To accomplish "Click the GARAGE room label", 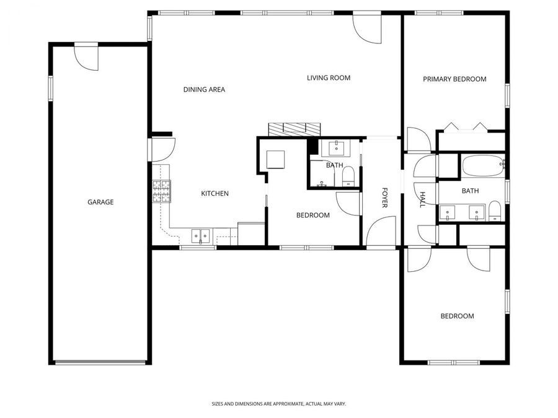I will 100,202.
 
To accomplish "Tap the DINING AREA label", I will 204,90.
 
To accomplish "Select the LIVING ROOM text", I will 329,78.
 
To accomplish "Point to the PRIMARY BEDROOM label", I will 454,79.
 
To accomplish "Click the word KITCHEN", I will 215,194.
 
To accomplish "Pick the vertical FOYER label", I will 384,198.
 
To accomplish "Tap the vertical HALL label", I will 423,199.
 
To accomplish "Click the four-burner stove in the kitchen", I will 161,191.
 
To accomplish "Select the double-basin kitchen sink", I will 201,235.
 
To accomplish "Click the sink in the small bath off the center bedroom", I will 337,147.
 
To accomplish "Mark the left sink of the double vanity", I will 448,212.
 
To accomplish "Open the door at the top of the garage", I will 86,57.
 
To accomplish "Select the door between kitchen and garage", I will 162,149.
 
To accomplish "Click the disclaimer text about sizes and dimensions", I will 278,404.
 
